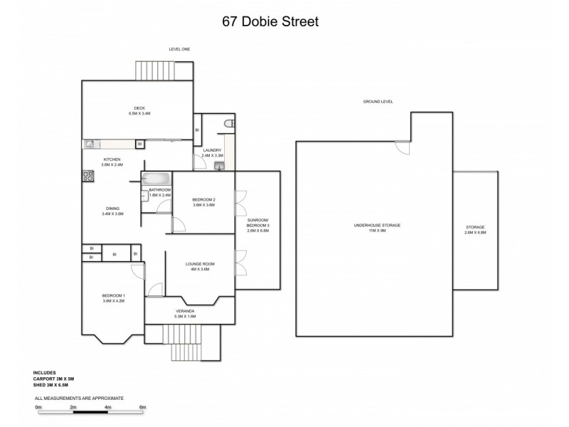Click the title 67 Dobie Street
click(271, 21)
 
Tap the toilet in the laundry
click(228, 125)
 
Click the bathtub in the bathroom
click(156, 179)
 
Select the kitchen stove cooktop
click(89, 175)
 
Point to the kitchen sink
click(91, 144)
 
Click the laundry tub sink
click(219, 167)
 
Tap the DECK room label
click(139, 110)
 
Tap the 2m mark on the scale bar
click(73, 407)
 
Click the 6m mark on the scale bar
click(142, 407)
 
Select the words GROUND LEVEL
click(378, 102)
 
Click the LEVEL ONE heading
click(179, 49)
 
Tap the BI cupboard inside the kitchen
click(140, 144)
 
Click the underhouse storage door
click(403, 148)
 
